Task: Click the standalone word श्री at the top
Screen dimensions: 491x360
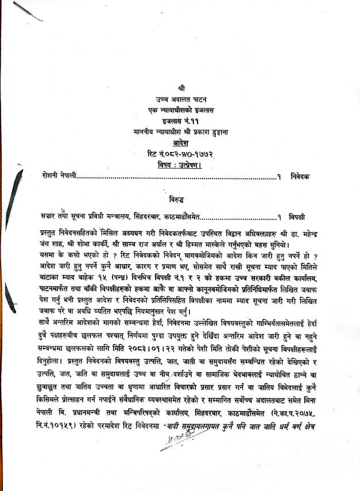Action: coord(182,89)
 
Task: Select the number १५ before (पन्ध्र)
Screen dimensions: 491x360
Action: coord(88,275)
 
